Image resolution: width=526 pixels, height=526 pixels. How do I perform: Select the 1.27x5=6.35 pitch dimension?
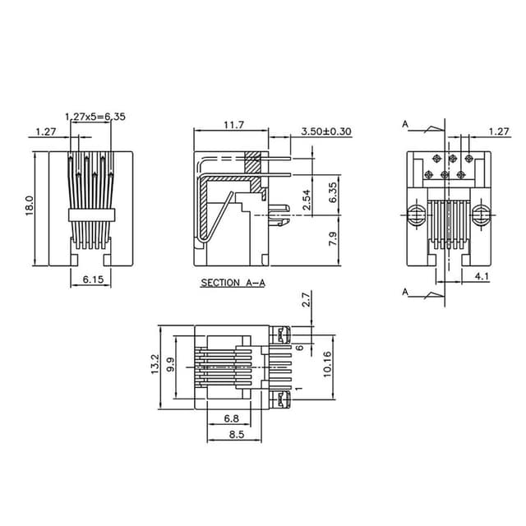pos(95,117)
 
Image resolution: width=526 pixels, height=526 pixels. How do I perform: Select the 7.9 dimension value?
pos(332,239)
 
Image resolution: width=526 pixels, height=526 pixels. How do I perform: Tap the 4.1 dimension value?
pos(481,277)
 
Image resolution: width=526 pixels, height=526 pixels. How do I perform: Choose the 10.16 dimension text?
pos(326,365)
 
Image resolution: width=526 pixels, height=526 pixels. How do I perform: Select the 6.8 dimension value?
pos(231,419)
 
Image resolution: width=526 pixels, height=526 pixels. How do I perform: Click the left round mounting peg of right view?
pos(416,217)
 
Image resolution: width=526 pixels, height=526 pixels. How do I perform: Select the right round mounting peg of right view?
pos(480,217)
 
